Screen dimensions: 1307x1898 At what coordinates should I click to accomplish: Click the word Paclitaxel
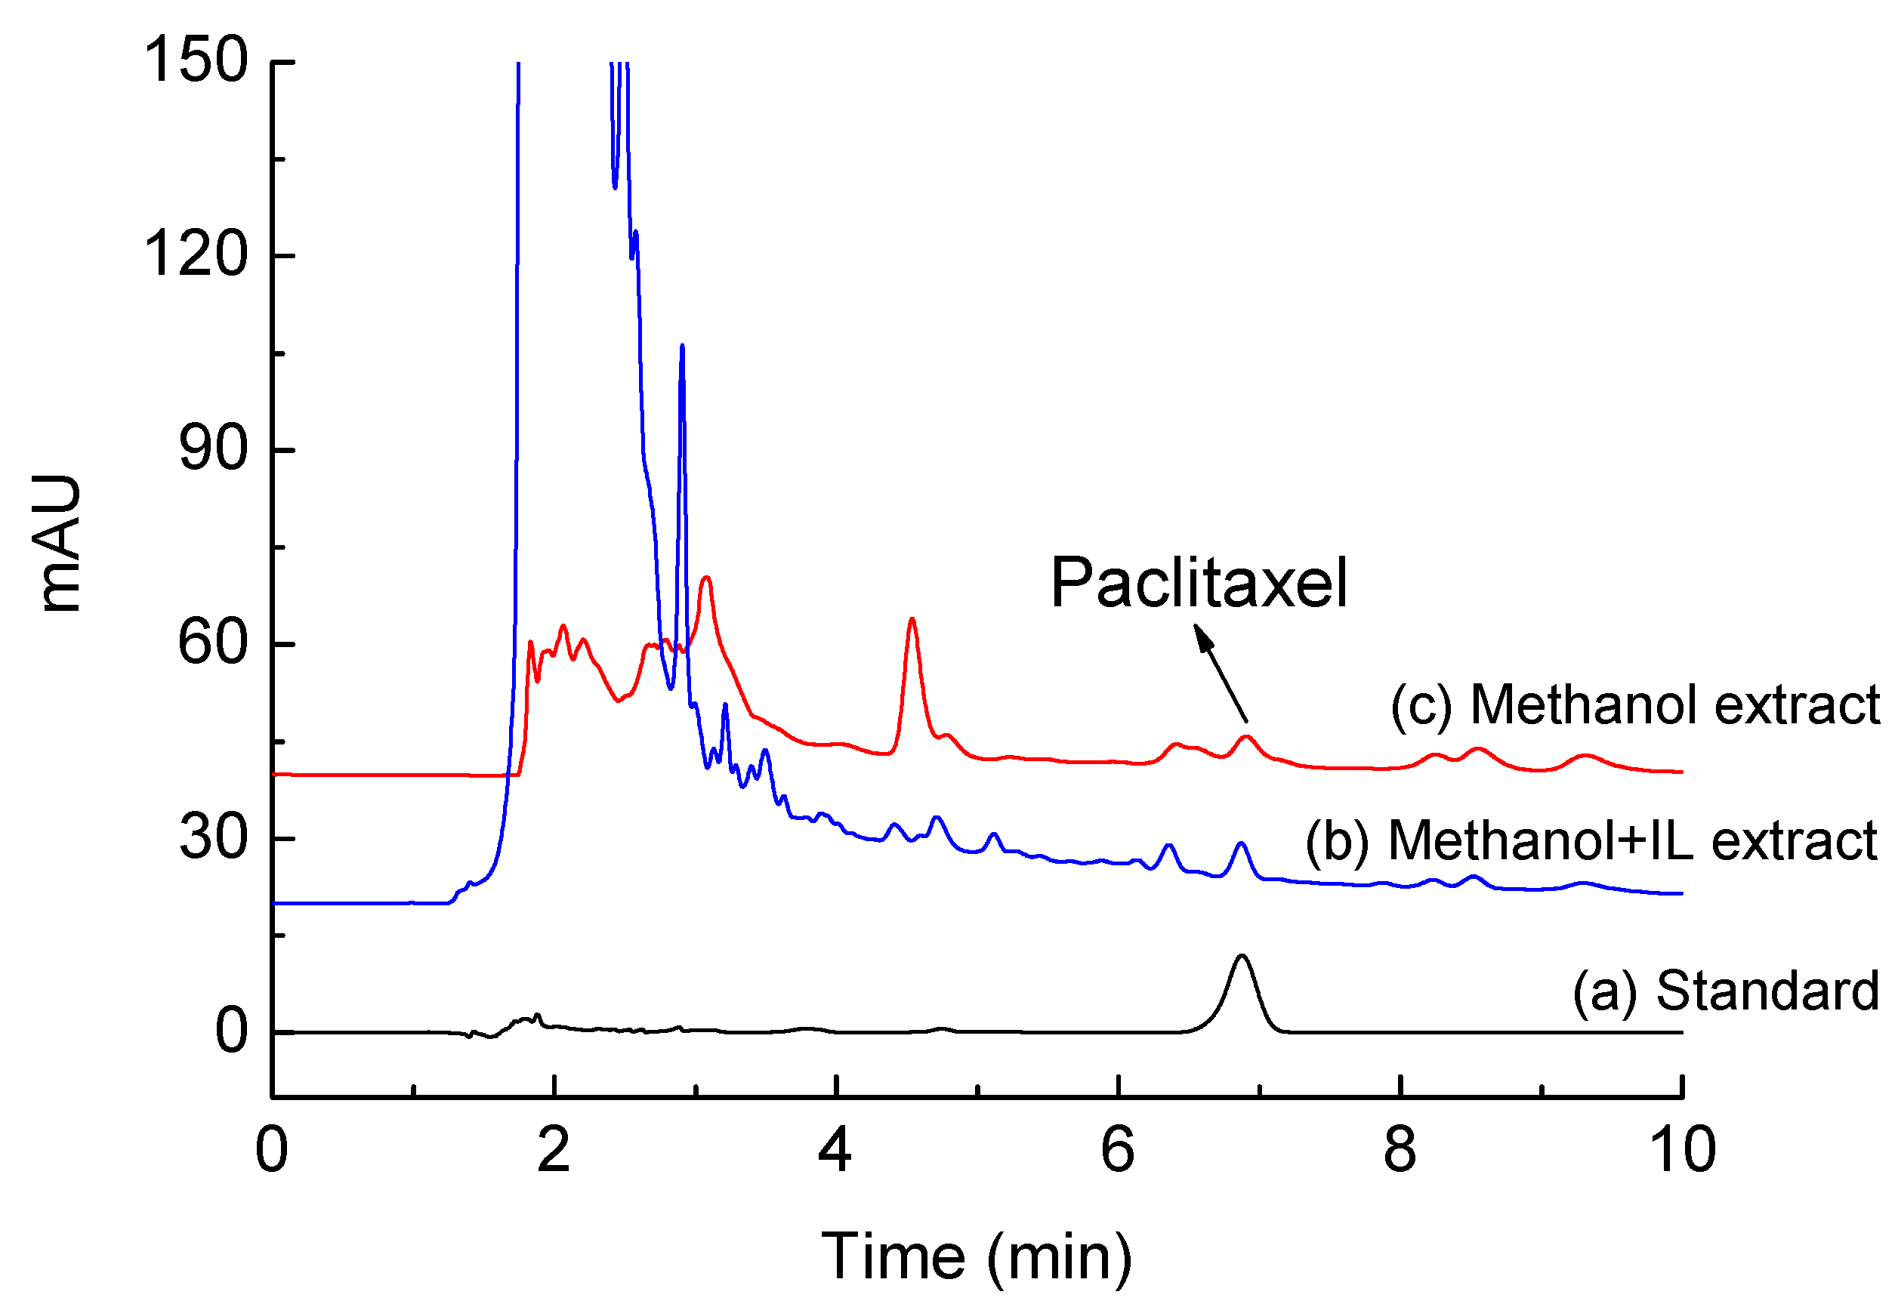point(1199,582)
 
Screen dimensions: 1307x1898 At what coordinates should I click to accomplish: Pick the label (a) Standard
point(1725,990)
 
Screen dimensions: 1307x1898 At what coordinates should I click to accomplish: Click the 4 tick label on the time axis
point(835,1149)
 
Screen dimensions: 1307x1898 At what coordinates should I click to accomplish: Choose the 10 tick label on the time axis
point(1681,1149)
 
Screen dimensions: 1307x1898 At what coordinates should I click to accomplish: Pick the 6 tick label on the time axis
point(1117,1149)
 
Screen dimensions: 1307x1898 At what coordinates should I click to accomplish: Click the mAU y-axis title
point(60,542)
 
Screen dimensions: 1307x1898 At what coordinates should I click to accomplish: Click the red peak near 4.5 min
point(912,622)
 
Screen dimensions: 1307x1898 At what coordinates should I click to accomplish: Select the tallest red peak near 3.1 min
point(706,580)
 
